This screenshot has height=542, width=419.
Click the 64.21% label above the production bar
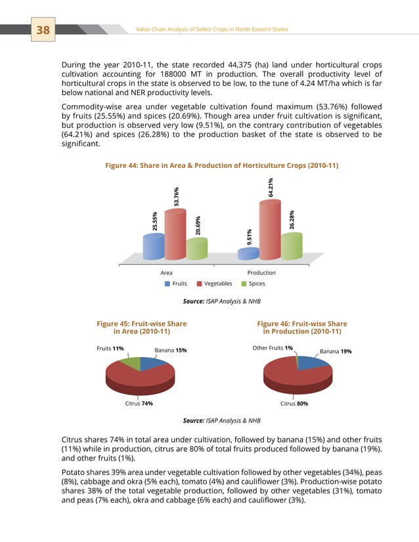coord(271,186)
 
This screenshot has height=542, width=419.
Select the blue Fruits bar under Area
coord(153,246)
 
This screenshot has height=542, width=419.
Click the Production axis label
coord(261,272)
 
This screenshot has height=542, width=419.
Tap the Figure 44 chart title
coord(221,165)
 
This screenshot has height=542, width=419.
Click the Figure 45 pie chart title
coord(141,328)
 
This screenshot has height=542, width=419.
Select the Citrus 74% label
coord(139,404)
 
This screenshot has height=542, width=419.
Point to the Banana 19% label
coord(336,351)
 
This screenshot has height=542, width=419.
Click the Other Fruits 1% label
coord(273,348)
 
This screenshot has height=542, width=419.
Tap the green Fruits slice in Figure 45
coord(131,362)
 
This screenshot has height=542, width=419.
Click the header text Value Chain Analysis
coord(211,30)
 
